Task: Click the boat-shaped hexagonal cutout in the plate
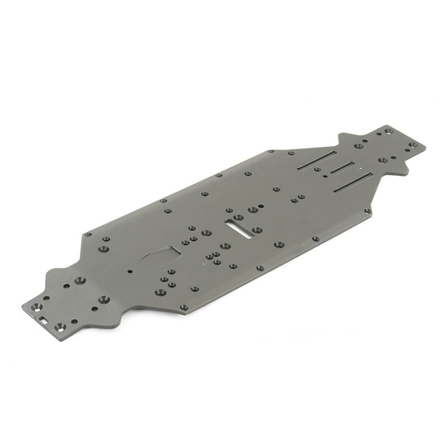(161, 255)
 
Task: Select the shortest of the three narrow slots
(342, 168)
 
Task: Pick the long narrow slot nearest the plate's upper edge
(316, 159)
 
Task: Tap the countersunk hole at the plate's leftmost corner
(37, 307)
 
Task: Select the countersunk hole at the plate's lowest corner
(59, 327)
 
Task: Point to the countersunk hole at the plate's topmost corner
(388, 131)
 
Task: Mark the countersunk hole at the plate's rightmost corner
(413, 145)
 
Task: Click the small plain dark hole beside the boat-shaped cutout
(130, 271)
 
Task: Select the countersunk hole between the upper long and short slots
(317, 169)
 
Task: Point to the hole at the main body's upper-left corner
(87, 234)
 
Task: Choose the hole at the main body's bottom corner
(184, 307)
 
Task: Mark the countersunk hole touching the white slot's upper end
(238, 217)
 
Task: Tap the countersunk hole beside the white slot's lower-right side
(256, 230)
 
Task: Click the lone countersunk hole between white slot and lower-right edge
(279, 244)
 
